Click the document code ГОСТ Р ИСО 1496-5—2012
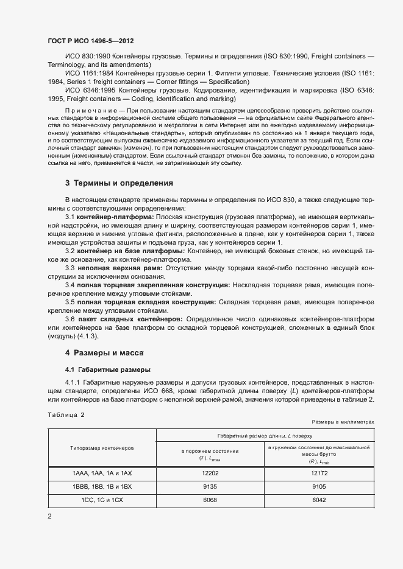tap(91, 41)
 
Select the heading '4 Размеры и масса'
tap(104, 352)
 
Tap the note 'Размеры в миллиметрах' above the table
tap(342, 421)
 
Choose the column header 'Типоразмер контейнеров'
tap(102, 447)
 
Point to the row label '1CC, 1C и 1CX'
tap(102, 500)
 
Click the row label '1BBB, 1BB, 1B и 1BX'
tap(102, 486)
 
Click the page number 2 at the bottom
tap(49, 517)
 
